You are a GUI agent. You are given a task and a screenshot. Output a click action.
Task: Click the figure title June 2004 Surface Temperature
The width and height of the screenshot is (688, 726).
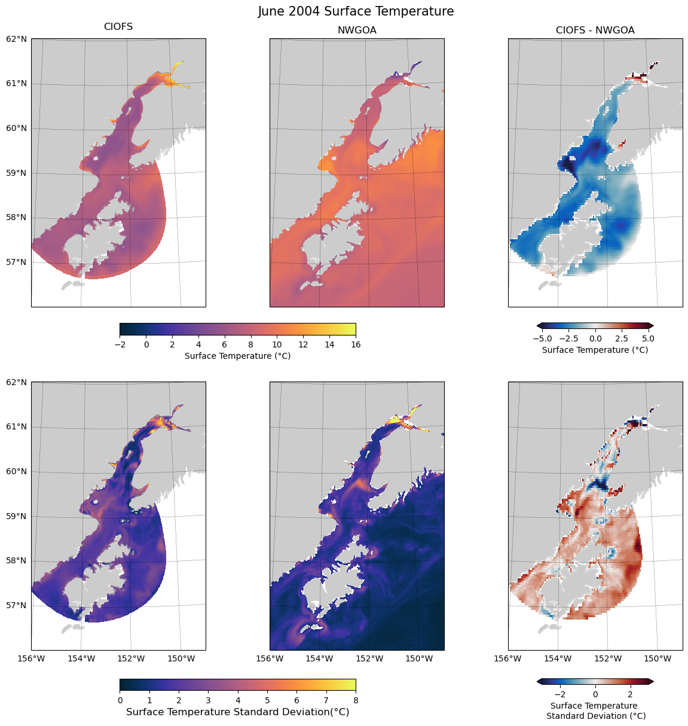coord(356,11)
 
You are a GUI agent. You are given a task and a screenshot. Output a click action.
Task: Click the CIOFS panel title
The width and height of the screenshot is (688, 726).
coord(118,27)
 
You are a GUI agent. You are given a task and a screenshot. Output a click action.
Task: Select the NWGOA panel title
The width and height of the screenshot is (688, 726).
coord(357,30)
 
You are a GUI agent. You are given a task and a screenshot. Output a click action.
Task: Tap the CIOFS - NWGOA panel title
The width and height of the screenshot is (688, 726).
coord(595,30)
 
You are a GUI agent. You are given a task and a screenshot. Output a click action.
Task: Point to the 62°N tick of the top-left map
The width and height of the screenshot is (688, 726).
coord(17,39)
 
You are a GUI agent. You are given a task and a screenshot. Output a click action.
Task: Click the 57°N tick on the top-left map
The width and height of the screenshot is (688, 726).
coord(17,262)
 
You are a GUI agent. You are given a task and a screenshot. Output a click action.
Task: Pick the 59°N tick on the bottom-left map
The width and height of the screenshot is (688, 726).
coord(17,516)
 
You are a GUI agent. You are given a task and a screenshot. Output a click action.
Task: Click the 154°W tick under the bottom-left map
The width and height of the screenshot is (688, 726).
coord(81,659)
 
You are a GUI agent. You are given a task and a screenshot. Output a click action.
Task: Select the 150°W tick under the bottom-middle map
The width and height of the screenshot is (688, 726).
coord(419,659)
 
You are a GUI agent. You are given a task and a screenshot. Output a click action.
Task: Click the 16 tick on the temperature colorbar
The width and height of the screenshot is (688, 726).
coord(356,344)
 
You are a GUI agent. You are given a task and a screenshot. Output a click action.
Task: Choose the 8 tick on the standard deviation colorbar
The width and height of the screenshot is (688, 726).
coord(356,700)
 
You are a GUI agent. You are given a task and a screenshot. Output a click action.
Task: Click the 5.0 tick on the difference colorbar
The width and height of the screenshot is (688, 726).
coord(648,338)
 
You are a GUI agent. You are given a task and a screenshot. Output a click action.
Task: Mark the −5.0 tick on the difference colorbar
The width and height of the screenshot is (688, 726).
coord(545,338)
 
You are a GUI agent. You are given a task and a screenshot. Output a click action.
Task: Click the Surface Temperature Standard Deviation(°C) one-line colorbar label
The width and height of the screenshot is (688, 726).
coord(237,712)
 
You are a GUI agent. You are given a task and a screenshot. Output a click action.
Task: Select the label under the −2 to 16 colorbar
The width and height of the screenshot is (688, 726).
coord(237,356)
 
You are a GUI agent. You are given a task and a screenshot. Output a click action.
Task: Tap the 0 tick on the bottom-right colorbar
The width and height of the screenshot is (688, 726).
coord(595,694)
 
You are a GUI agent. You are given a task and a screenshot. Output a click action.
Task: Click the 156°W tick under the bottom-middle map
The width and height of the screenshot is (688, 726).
coord(270,659)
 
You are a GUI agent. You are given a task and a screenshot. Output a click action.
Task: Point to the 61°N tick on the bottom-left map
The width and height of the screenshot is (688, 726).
coord(17,426)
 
